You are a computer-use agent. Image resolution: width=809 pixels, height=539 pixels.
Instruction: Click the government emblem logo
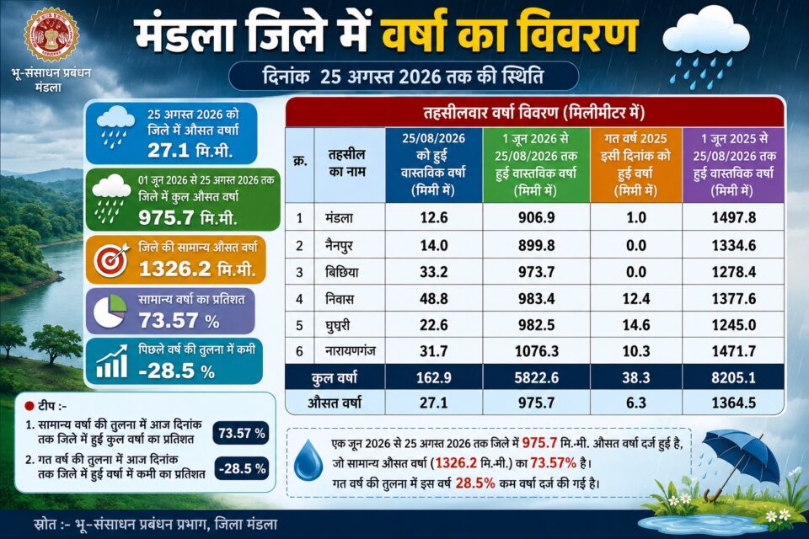pos(51,35)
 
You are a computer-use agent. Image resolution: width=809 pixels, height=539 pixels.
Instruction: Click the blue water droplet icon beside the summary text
pos(308,459)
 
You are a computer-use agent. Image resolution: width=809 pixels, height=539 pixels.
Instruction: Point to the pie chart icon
pos(110,311)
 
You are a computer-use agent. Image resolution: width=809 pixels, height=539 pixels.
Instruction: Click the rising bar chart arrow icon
pos(112,361)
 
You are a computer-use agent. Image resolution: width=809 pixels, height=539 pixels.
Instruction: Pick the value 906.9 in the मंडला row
pos(537,217)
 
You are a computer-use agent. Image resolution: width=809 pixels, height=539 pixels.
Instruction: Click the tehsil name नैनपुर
pos(339,246)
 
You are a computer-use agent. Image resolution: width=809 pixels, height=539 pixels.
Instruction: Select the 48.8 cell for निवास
pos(434,299)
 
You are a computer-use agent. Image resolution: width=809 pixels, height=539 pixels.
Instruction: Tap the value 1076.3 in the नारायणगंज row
pos(537,351)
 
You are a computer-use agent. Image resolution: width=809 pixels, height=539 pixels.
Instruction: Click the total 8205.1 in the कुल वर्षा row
pos(734,377)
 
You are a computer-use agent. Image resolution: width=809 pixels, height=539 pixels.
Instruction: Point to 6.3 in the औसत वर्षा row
pos(636,403)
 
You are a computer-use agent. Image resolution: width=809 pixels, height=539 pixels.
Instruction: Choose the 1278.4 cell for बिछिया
pos(734,272)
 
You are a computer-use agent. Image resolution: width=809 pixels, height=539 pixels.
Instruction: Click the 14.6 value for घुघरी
pos(636,325)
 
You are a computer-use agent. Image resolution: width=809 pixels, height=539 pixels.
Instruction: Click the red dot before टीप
pos(29,407)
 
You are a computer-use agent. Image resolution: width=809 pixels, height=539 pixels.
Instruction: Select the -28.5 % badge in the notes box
pos(242,469)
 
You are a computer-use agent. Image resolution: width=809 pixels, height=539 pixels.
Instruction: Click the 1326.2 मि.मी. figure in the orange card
pos(197,269)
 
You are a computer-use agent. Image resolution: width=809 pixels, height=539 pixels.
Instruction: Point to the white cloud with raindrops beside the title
pos(705,47)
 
